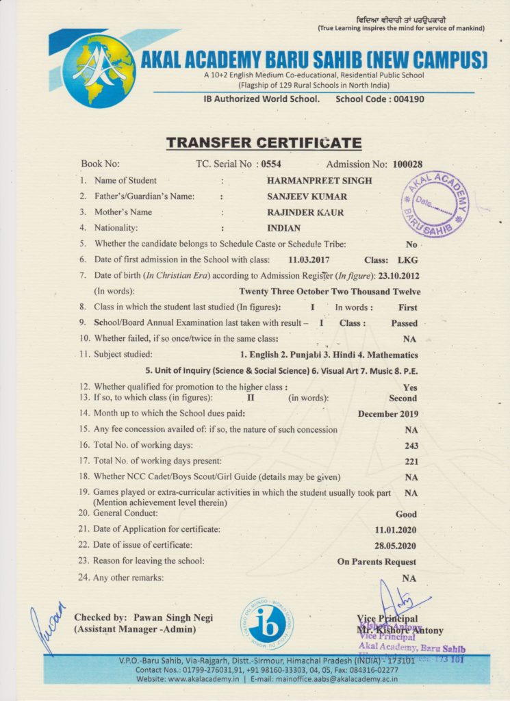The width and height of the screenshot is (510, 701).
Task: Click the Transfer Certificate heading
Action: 264,143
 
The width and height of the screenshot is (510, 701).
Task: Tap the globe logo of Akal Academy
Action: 99,71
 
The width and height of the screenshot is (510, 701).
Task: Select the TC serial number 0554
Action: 269,164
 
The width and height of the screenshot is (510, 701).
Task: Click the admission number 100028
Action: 407,164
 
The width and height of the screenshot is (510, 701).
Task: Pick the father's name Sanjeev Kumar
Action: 307,196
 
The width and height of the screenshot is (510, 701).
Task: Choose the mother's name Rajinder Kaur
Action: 305,212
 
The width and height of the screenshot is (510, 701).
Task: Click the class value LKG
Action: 407,260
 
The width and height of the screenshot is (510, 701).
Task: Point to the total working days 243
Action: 411,446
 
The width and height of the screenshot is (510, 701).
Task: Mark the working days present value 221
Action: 411,461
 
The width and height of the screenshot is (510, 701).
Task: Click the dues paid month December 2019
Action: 387,413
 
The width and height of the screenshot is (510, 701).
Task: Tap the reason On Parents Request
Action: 377,562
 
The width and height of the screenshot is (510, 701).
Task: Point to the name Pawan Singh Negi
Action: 173,617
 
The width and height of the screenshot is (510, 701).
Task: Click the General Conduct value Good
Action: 406,513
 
